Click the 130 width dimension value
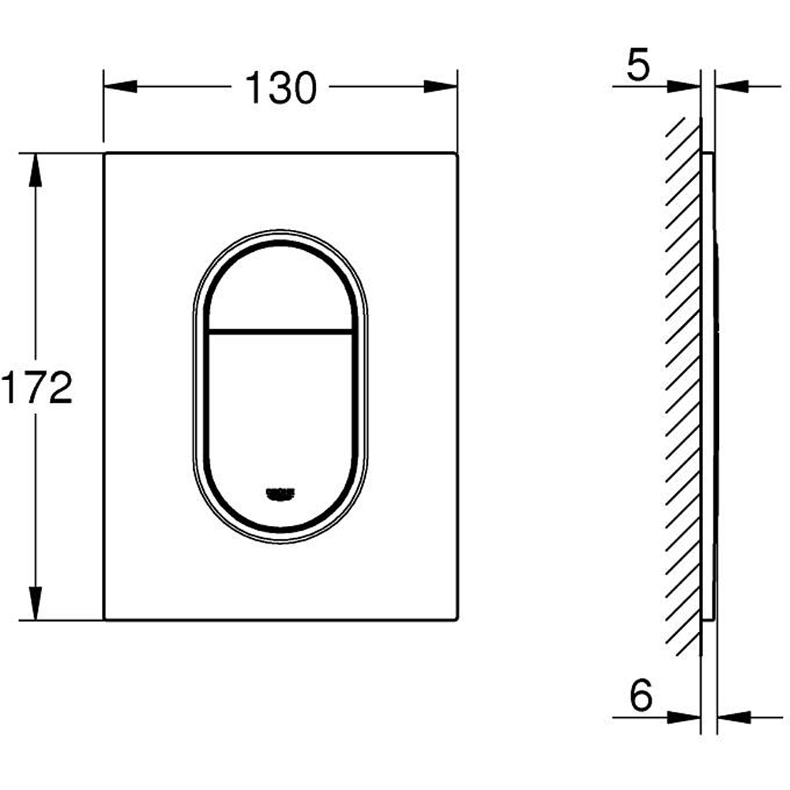280,87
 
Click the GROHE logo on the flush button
280,494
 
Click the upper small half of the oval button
280,288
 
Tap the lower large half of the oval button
280,411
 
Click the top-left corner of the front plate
105,153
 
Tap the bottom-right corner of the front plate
456,619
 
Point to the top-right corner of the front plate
456,153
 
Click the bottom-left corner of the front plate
105,619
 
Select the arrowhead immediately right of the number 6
683,717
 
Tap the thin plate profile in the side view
709,387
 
